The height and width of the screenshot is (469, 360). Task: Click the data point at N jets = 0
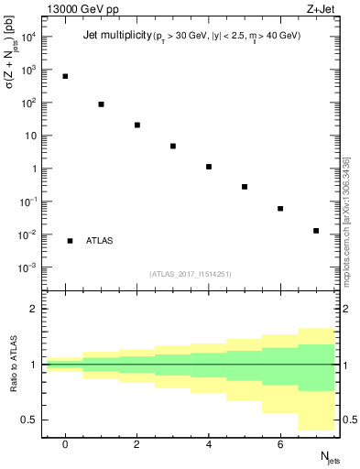coord(65,76)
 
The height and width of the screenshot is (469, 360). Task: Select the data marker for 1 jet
coord(101,104)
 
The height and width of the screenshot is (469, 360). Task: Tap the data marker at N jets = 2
coord(136,125)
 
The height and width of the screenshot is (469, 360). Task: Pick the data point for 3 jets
coord(172,146)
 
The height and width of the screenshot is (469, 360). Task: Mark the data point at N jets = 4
coord(209,167)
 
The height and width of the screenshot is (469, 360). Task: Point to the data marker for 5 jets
coord(245,187)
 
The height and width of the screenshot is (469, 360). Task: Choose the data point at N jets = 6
coord(280,209)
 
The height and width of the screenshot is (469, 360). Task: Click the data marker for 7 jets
coord(316,231)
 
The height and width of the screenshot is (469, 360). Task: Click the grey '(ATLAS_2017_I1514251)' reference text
coord(191,273)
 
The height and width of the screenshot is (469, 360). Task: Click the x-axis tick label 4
coord(209,444)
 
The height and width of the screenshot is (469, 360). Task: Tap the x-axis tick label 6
coord(280,444)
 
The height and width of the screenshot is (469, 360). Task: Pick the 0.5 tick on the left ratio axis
coord(33,420)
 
